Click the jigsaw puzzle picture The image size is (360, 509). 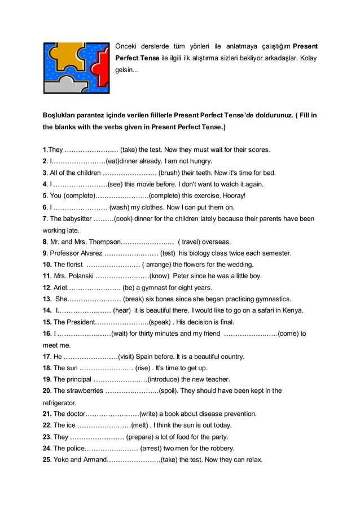point(76,68)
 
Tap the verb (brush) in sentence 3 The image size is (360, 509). point(170,173)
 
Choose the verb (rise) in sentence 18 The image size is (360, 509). point(144,368)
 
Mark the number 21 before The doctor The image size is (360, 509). point(47,414)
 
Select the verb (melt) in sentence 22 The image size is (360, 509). point(140,425)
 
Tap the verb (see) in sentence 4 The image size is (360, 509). point(115,184)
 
